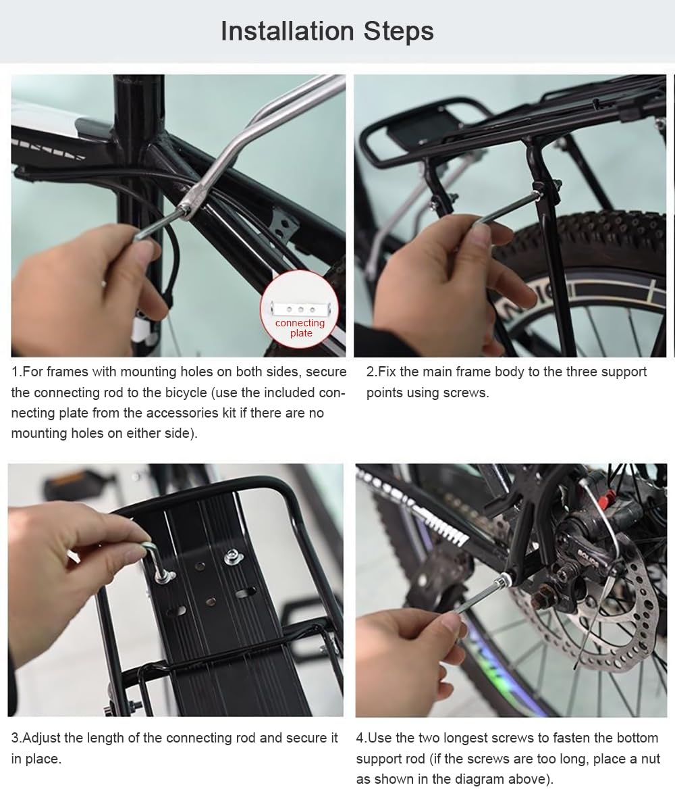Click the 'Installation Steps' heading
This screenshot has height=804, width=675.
point(327,31)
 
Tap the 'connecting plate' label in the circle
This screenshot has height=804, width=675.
point(300,328)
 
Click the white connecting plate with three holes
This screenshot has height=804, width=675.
point(299,309)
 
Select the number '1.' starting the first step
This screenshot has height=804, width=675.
point(17,372)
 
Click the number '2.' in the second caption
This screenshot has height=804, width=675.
point(372,372)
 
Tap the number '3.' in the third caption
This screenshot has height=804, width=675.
point(17,738)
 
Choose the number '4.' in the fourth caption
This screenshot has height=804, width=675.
point(362,738)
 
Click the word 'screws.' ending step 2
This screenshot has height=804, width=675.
point(466,393)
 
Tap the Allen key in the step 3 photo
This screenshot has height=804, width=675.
point(152,554)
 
